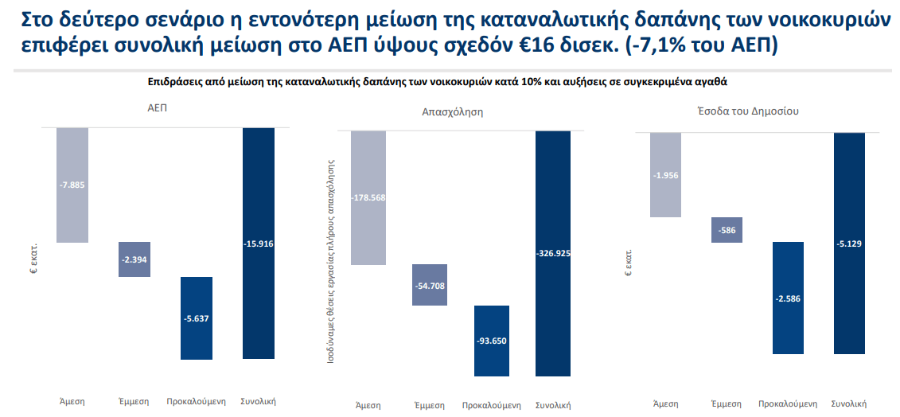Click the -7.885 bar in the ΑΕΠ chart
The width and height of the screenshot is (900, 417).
pyautogui.click(x=72, y=185)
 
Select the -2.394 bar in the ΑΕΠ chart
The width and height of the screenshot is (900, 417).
pyautogui.click(x=134, y=259)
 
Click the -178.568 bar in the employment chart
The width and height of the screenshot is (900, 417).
pyautogui.click(x=368, y=197)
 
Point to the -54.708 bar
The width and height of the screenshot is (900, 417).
pyautogui.click(x=430, y=285)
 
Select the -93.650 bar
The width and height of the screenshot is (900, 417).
pyautogui.click(x=491, y=341)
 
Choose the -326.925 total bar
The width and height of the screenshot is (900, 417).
pyautogui.click(x=553, y=253)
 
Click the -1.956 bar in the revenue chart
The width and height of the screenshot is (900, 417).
pyautogui.click(x=665, y=175)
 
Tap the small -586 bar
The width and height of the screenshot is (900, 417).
pyautogui.click(x=727, y=230)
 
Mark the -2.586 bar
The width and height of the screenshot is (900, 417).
pyautogui.click(x=788, y=298)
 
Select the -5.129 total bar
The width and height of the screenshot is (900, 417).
pyautogui.click(x=849, y=244)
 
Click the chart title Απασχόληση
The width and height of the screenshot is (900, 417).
pyautogui.click(x=452, y=112)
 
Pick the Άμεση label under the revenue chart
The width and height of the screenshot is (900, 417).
pyautogui.click(x=665, y=403)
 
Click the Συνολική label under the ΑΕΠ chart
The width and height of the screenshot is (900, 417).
pyautogui.click(x=258, y=400)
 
